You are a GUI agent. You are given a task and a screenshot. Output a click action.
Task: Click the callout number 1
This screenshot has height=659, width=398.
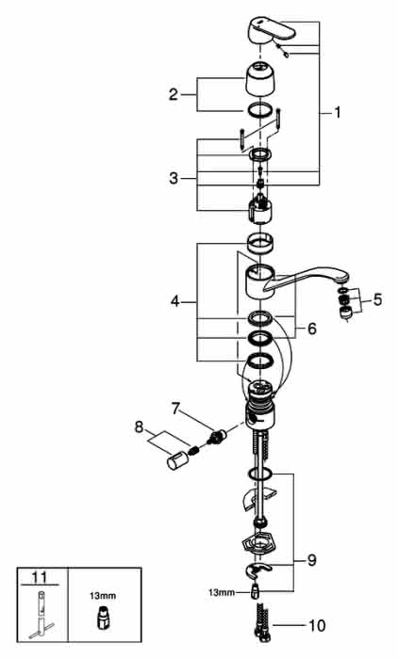[x=337, y=112]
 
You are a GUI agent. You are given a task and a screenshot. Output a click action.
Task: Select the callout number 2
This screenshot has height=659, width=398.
[x=174, y=94]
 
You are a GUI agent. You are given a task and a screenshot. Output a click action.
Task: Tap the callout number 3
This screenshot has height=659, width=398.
[x=174, y=178]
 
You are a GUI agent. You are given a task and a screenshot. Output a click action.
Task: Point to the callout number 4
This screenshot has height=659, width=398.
[x=175, y=301]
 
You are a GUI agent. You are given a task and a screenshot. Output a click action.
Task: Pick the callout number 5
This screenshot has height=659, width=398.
[x=377, y=299]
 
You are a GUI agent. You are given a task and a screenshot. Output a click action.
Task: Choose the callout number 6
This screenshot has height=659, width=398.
[x=311, y=329]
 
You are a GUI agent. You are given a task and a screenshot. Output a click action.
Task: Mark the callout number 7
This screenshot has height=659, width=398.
[x=175, y=409]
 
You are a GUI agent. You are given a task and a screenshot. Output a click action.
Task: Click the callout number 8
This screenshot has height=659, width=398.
[x=139, y=427]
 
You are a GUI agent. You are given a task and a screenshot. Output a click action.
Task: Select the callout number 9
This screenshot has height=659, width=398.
[x=311, y=560]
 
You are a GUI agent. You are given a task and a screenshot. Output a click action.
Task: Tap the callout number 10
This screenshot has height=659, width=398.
[x=318, y=625]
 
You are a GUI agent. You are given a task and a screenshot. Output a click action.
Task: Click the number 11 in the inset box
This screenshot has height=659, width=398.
[x=40, y=577]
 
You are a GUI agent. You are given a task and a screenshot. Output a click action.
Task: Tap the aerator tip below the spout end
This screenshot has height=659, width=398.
[x=345, y=313]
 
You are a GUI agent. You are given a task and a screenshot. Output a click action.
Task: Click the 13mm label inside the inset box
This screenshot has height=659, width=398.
[x=103, y=596]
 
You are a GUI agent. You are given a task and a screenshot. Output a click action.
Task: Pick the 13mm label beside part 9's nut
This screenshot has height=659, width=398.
[x=221, y=593]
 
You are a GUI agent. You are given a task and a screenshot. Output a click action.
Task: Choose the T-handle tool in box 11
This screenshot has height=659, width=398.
[x=41, y=615]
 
